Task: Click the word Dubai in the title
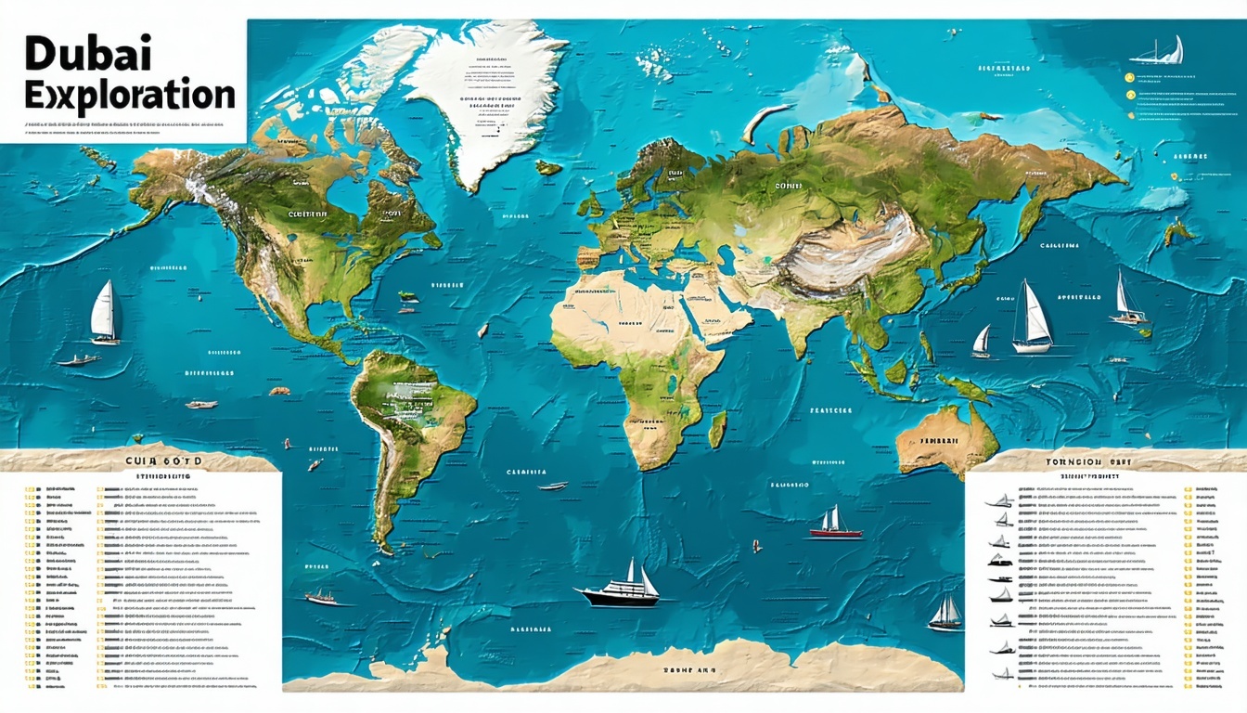coord(75,55)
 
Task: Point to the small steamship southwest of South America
coord(320,596)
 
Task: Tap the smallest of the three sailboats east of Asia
coord(981,342)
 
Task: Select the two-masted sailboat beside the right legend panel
coord(945,613)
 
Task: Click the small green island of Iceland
coord(548,167)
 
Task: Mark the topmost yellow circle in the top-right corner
coord(1130,80)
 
